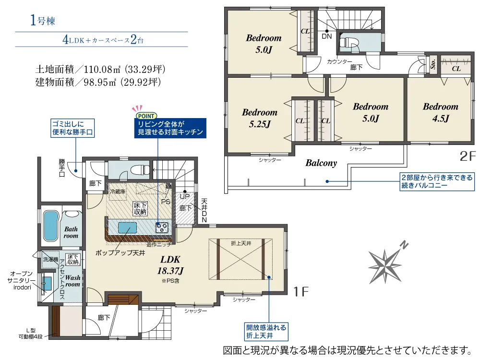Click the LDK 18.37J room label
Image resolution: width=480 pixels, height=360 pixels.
pos(170,265)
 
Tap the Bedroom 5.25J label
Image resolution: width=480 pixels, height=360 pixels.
pos(260,118)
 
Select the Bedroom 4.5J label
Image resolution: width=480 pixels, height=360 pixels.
pos(441,112)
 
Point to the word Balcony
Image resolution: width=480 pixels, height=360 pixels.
pos(321,163)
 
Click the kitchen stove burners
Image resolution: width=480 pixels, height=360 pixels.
pos(162,228)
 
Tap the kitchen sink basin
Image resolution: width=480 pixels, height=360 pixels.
pos(127,228)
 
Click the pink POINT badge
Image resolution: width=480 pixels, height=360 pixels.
pos(146,116)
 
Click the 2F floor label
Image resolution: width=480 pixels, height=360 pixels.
pos(467,156)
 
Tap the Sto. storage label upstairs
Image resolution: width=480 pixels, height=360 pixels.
pos(433,64)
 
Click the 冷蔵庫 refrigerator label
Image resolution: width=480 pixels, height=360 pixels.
pos(118,192)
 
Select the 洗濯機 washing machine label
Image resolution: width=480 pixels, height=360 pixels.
pos(50,259)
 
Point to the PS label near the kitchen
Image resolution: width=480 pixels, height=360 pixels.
pos(166,202)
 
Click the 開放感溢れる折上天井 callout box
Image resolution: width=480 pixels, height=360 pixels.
pos(266,332)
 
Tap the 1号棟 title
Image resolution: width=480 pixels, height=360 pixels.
pos(43,21)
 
